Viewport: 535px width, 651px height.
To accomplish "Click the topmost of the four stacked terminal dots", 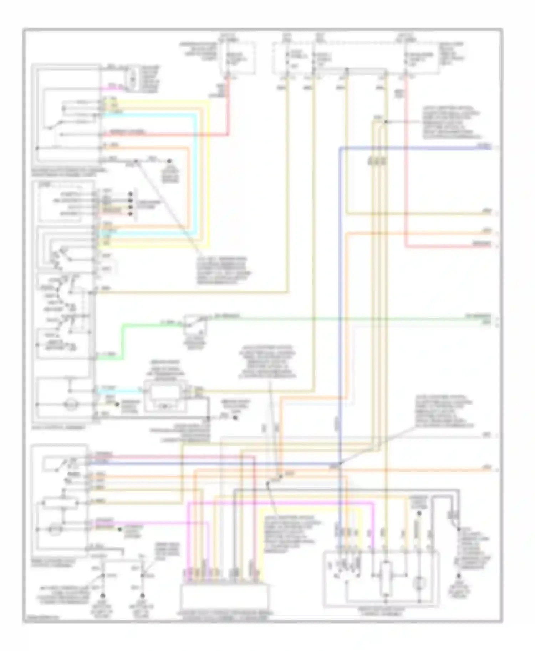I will (131, 194).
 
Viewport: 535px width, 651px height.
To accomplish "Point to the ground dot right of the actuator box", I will (235, 417).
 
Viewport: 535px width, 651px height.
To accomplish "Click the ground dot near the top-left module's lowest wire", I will (170, 161).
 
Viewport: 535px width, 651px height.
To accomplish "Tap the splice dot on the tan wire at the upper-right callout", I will (386, 122).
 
